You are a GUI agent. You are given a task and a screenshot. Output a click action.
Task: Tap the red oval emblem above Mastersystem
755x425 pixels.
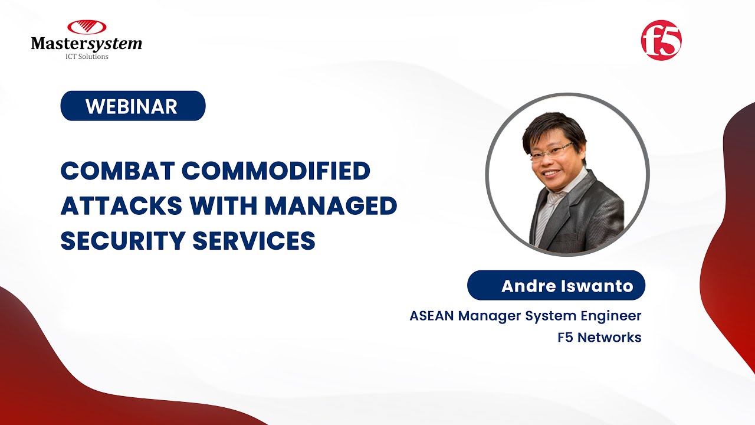coord(86,27)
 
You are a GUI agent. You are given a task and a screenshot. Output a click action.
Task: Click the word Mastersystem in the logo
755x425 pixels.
coord(86,44)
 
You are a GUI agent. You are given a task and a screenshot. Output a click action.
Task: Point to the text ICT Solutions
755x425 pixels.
coord(86,57)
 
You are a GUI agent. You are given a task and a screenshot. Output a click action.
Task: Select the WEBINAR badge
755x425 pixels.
coord(133,106)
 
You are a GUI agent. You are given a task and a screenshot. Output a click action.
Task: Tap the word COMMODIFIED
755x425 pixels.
coord(275,171)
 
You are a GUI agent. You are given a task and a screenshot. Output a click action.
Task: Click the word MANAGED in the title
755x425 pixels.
coord(331,206)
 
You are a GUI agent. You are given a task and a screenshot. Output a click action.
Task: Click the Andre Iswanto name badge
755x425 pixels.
coord(556,286)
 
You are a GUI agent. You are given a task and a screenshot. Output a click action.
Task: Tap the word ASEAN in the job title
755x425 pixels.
coord(432,316)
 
